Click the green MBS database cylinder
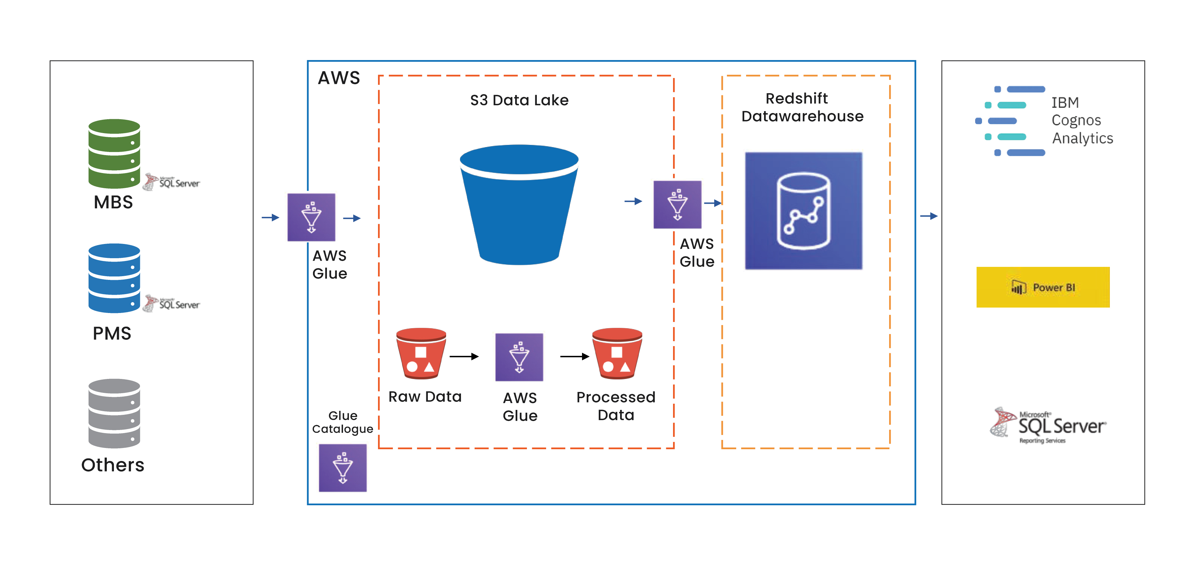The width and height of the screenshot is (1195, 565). (x=114, y=154)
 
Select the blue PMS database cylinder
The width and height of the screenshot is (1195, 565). (x=114, y=278)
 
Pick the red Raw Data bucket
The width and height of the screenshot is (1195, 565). (x=421, y=354)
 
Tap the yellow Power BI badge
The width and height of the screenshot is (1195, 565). (x=1043, y=287)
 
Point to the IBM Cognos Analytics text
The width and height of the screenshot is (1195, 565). (x=1081, y=120)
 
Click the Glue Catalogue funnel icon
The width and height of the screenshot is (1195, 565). (x=342, y=467)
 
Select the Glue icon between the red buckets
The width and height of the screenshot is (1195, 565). (x=519, y=357)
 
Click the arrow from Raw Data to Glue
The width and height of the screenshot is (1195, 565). (x=464, y=356)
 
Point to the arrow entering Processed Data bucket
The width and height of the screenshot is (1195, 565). (x=574, y=356)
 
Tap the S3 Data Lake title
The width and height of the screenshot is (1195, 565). (x=519, y=100)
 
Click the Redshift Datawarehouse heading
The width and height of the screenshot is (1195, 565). (x=802, y=107)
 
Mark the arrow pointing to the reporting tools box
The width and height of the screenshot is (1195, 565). (x=929, y=216)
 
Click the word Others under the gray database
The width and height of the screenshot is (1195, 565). (x=113, y=465)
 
